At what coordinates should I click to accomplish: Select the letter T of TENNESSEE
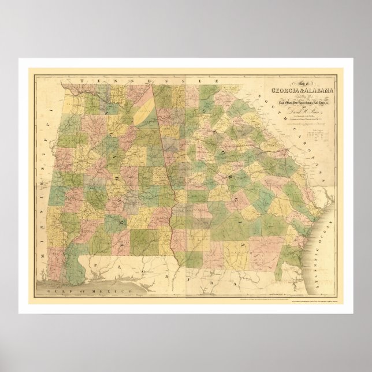(83, 81)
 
